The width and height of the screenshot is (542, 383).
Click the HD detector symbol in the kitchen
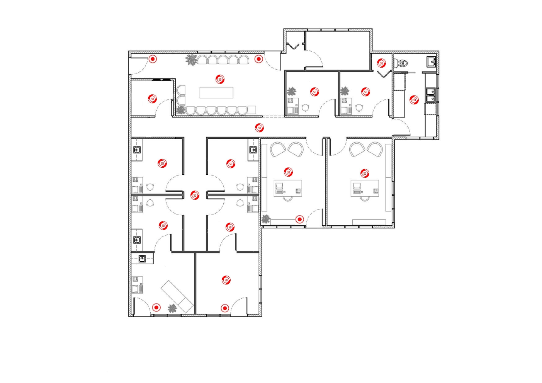click(x=414, y=100)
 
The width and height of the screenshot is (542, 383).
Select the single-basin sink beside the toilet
click(x=431, y=61)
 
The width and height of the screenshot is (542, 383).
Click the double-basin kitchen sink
click(x=430, y=95)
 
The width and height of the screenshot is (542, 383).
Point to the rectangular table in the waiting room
click(x=216, y=92)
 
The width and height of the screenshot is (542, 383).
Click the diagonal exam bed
click(x=177, y=296)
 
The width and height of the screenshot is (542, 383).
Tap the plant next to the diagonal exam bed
click(x=172, y=308)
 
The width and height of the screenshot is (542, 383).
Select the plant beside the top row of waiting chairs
click(x=191, y=60)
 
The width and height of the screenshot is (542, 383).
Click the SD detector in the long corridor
click(x=259, y=128)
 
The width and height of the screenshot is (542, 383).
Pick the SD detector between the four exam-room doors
click(x=195, y=196)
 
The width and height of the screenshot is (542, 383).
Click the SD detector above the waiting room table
click(x=220, y=79)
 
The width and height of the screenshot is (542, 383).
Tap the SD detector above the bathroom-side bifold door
click(x=381, y=63)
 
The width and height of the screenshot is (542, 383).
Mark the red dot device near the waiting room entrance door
click(x=153, y=59)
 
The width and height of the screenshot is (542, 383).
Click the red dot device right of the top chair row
click(x=258, y=59)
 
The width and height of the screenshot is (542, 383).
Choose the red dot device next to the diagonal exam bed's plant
click(x=156, y=308)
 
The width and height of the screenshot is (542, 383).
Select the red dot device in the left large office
click(x=299, y=220)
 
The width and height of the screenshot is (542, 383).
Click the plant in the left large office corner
click(x=266, y=219)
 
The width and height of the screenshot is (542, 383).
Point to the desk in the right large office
click(x=365, y=188)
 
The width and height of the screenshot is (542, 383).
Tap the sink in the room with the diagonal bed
click(x=142, y=258)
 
